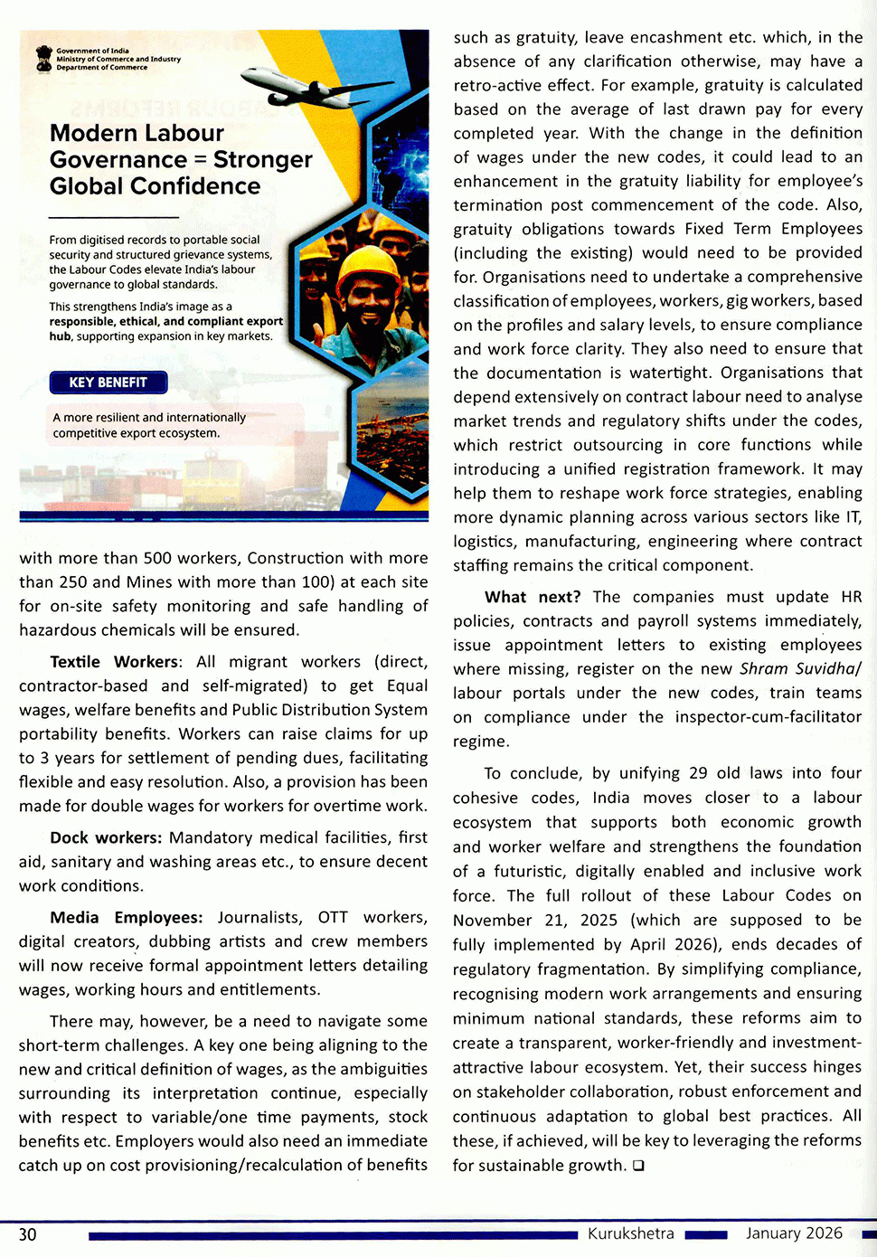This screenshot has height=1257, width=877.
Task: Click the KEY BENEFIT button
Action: point(108,383)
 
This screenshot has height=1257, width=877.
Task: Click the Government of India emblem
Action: point(43,59)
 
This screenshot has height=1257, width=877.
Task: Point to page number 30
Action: point(28,1234)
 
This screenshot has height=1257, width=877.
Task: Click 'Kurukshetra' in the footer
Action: point(630,1233)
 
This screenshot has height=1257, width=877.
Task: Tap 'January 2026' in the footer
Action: point(794,1233)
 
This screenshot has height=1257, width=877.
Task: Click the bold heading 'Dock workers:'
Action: point(106,837)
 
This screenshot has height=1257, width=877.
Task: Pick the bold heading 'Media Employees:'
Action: point(127,917)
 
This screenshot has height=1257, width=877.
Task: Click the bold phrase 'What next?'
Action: point(533,597)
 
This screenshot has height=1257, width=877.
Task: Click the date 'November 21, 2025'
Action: point(535,920)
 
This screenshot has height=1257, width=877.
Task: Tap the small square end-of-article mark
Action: point(638,1166)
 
